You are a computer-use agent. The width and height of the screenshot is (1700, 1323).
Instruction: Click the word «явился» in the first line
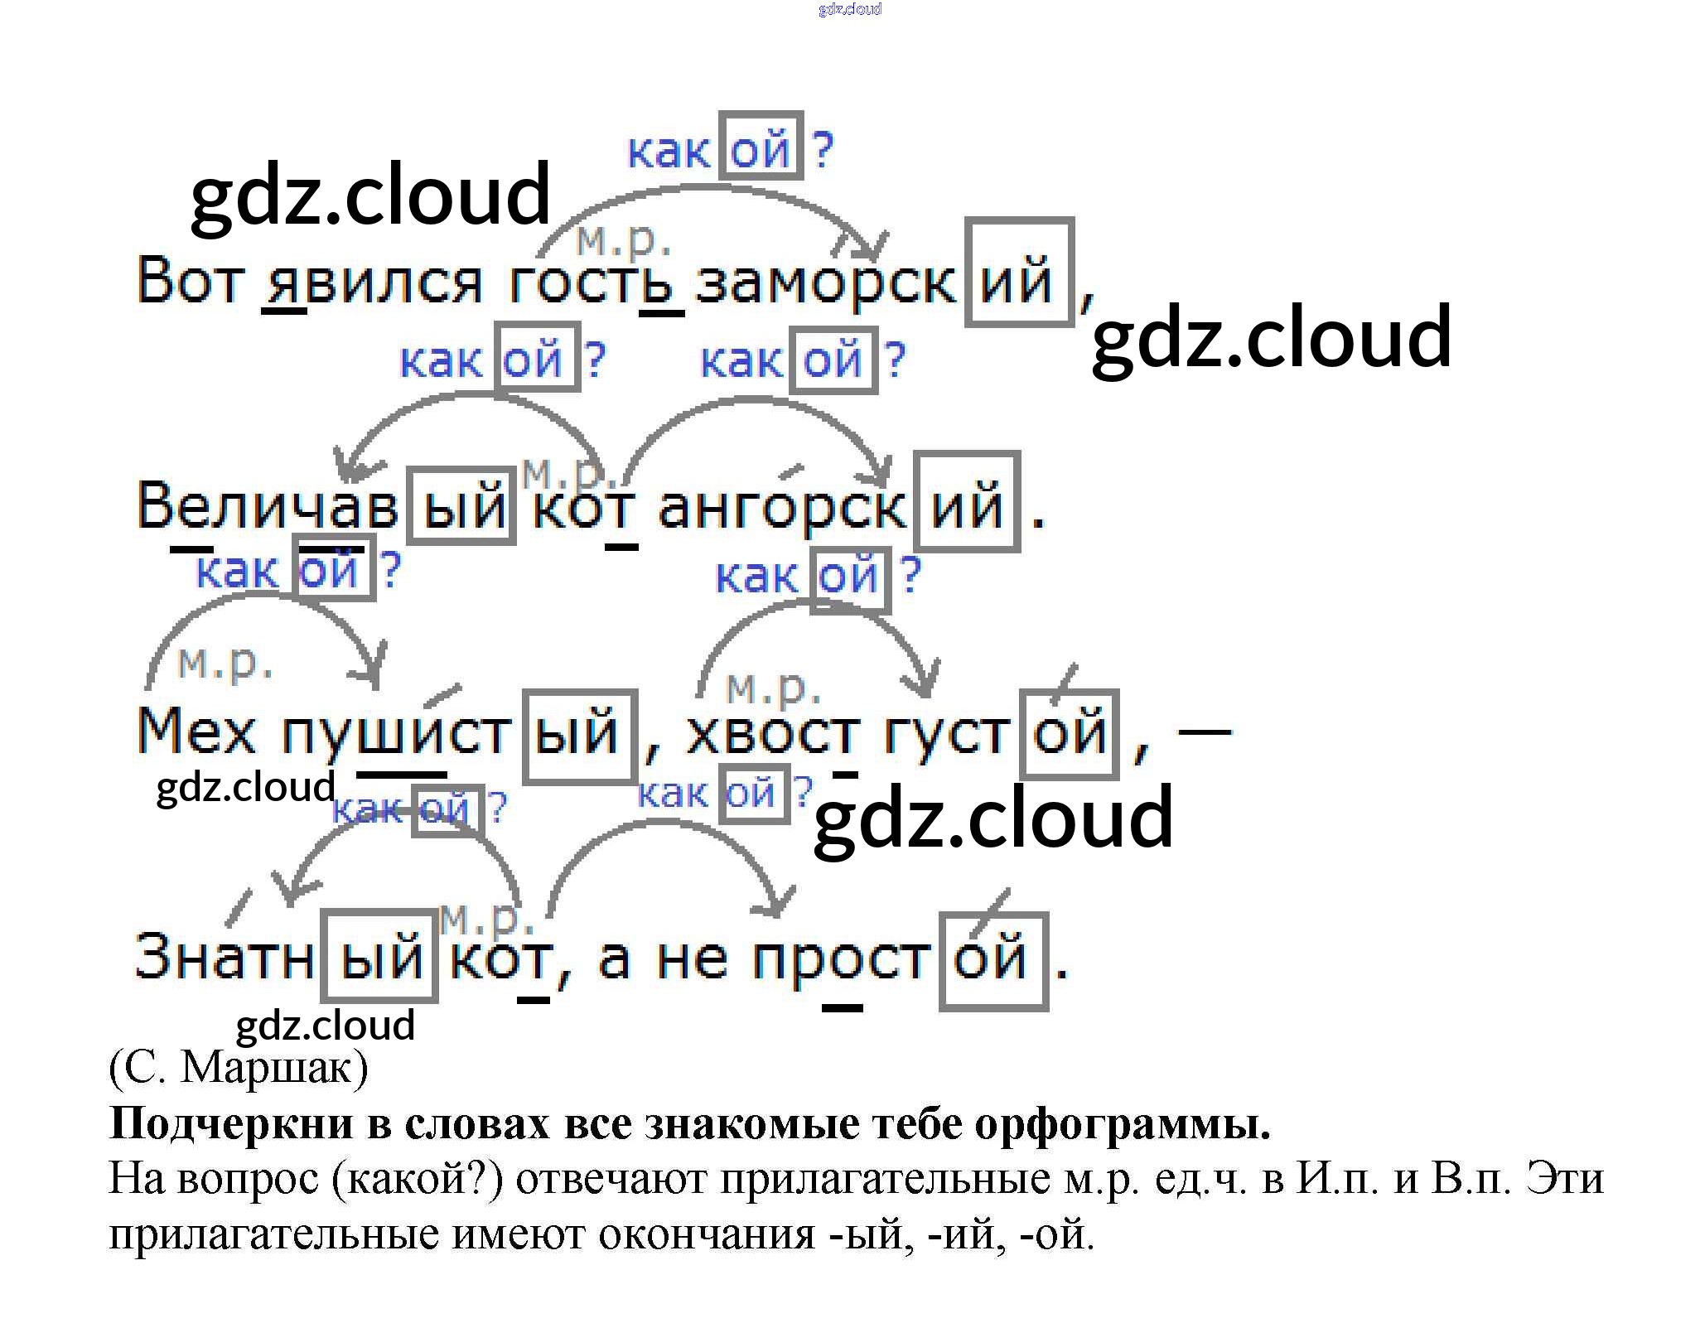coord(371,282)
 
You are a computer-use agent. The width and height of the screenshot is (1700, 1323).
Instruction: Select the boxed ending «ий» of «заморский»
coord(1019,273)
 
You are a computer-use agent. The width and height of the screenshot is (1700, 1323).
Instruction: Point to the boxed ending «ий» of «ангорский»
coord(967,502)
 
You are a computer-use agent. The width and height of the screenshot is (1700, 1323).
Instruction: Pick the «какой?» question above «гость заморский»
coord(729,149)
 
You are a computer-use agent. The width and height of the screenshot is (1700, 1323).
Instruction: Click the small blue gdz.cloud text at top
coord(849,9)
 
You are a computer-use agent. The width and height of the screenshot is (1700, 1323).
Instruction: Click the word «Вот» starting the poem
coord(188,282)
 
